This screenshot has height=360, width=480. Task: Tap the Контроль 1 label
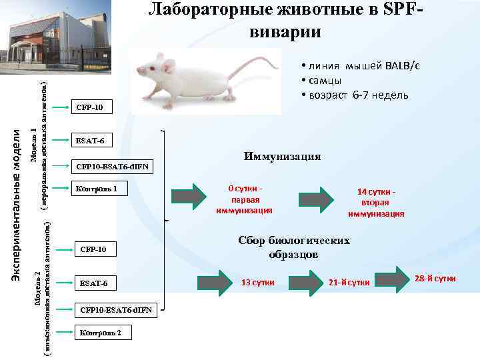click(x=97, y=189)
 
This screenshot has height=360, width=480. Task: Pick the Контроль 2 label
click(x=100, y=333)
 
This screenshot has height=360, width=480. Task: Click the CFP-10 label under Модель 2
click(x=93, y=250)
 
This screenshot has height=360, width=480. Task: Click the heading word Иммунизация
click(x=282, y=156)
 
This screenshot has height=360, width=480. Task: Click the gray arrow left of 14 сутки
click(x=317, y=197)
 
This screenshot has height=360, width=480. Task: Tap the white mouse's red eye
click(x=151, y=69)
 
